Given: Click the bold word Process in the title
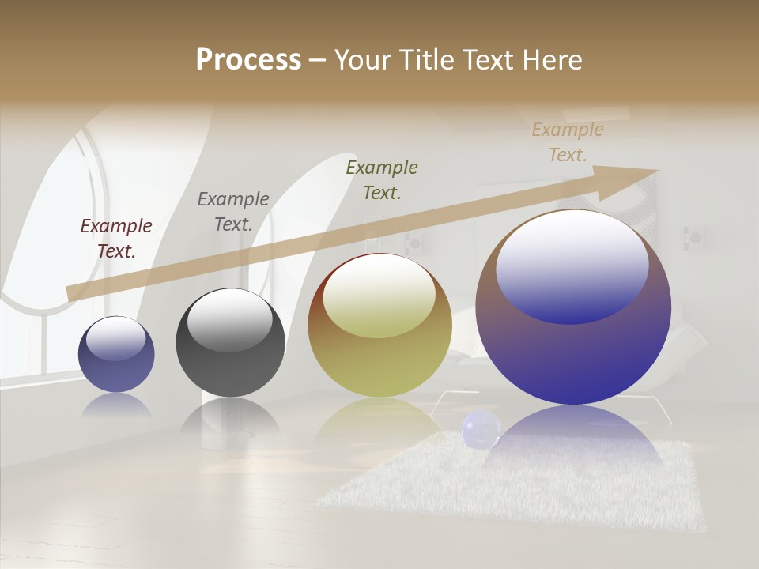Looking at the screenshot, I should (x=248, y=60).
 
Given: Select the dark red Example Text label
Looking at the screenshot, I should (x=116, y=239).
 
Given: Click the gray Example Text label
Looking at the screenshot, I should (x=233, y=212).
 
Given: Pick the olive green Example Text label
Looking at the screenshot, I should (x=382, y=179).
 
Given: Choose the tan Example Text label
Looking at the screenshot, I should (x=568, y=142).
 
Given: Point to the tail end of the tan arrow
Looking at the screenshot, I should (x=71, y=292).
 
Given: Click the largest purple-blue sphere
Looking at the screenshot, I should (x=573, y=356).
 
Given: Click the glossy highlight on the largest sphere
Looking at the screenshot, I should (x=572, y=265).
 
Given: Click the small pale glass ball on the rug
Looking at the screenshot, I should (x=481, y=430).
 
